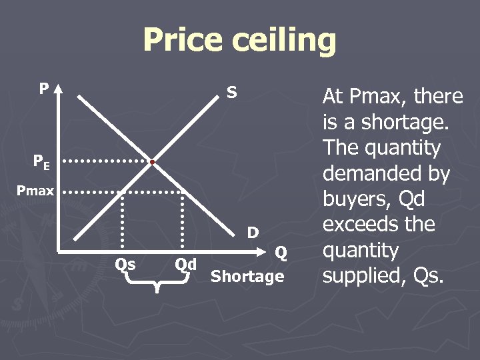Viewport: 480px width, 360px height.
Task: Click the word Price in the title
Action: coord(183,39)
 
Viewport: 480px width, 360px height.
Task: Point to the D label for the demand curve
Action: coord(253,233)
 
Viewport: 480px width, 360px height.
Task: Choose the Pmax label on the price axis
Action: coord(35,191)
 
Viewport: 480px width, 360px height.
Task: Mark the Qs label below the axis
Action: coord(125,264)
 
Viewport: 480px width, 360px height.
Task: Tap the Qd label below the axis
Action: coord(185,264)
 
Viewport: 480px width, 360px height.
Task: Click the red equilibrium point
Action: coord(153,162)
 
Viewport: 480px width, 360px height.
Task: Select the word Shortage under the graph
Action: coord(247,276)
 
